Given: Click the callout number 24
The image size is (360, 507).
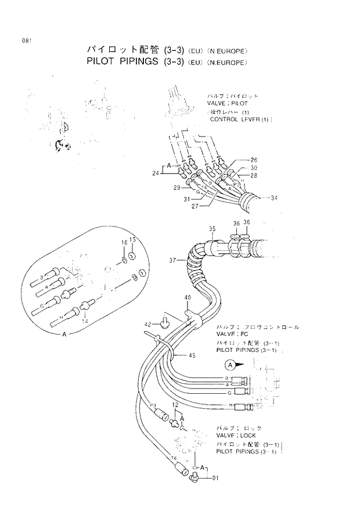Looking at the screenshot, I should [x=156, y=172].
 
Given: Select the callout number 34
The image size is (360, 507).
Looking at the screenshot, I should [x=273, y=198].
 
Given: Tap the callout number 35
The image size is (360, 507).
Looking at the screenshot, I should [x=212, y=229].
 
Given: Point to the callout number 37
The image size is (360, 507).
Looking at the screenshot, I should [x=172, y=260].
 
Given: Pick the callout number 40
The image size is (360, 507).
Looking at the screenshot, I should [x=187, y=298].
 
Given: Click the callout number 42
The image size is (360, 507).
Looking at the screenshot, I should [x=147, y=324].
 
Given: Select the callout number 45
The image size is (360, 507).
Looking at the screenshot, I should [x=192, y=355].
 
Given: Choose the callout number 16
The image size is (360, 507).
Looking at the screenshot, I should [x=124, y=242].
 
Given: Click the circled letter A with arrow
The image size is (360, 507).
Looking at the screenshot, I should [x=230, y=365].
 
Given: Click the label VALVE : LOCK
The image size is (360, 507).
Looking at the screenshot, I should [x=236, y=434].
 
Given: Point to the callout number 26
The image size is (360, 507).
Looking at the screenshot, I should [x=254, y=159].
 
